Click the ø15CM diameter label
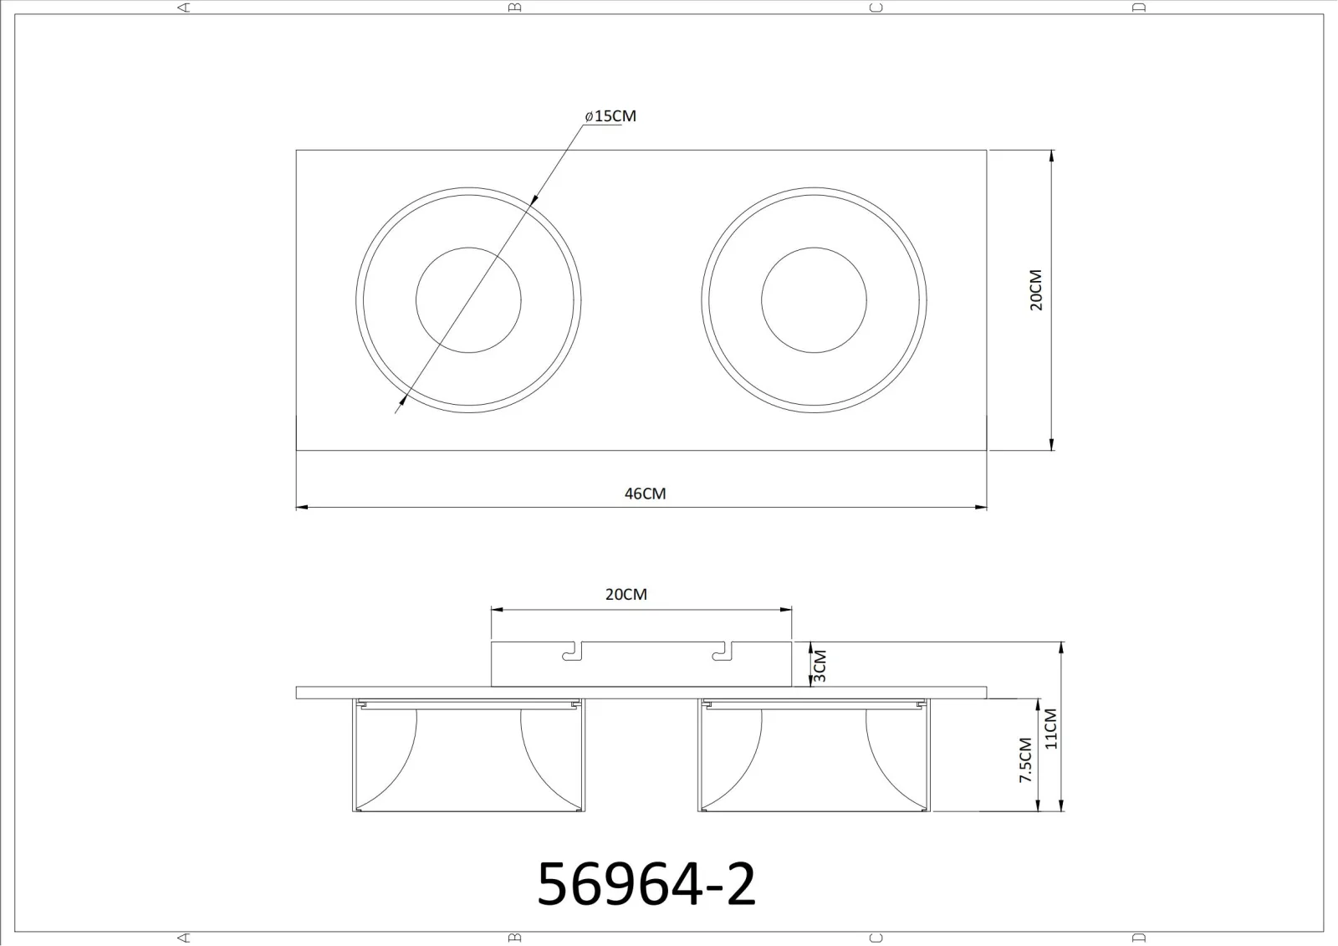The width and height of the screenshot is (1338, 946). [610, 116]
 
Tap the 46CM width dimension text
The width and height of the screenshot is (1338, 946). [645, 493]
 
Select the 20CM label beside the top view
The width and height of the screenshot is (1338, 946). [1036, 290]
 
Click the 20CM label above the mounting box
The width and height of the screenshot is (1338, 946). [626, 594]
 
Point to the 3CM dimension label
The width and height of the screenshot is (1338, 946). [820, 666]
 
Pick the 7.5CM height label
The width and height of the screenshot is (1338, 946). [1025, 760]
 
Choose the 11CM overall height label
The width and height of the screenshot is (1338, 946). [1050, 729]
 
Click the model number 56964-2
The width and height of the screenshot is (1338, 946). [646, 884]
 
